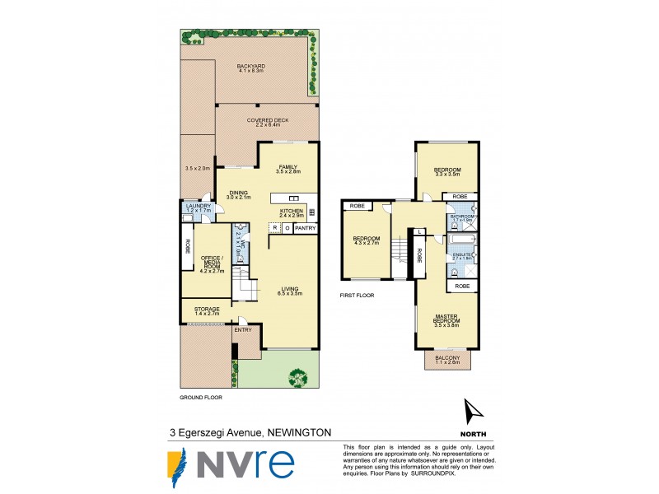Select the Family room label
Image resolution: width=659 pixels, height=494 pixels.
(x=287, y=168)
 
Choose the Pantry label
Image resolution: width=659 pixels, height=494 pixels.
(x=305, y=228)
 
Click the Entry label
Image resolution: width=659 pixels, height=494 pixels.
(x=243, y=330)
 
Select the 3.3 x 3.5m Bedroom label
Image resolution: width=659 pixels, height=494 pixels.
(x=447, y=171)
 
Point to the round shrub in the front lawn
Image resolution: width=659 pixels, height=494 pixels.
(x=297, y=376)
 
